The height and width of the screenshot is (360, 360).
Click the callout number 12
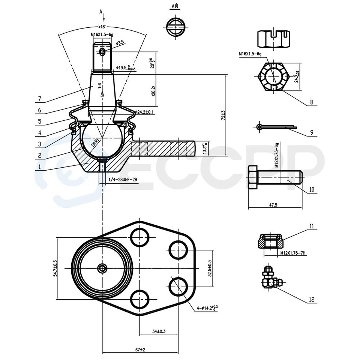point(312,299)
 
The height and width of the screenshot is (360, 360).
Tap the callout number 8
point(312,102)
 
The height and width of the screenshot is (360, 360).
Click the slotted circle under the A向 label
point(174,27)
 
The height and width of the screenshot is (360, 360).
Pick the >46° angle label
point(102,27)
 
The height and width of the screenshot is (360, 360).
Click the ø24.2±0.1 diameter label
point(140,112)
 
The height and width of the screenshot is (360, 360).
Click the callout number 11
point(312,226)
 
